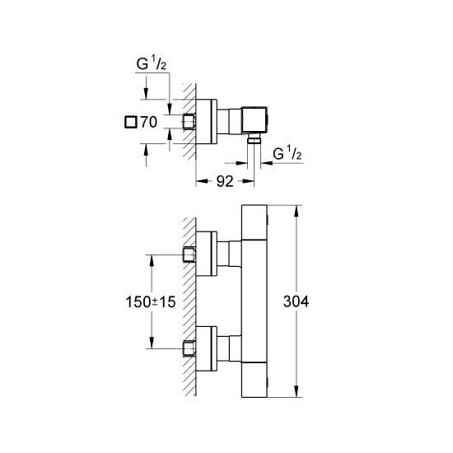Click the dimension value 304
[x=295, y=302]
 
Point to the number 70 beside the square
[x=148, y=122]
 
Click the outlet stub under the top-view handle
[x=255, y=141]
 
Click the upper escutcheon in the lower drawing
[x=207, y=256]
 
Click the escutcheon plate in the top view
[x=207, y=121]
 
